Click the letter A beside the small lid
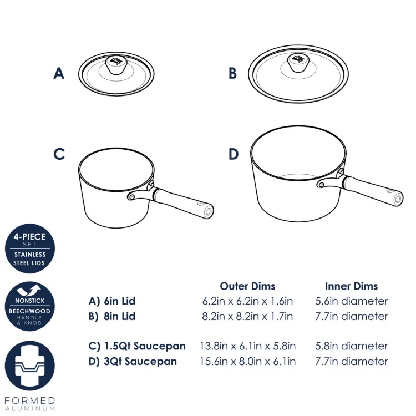pyautogui.click(x=59, y=73)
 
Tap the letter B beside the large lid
pyautogui.click(x=232, y=73)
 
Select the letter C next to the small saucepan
pyautogui.click(x=59, y=154)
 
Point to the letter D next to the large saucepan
pyautogui.click(x=234, y=154)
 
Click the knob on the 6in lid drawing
pyautogui.click(x=116, y=65)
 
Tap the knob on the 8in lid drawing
pyautogui.click(x=298, y=63)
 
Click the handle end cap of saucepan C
pyautogui.click(x=209, y=211)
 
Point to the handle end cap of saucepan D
pyautogui.click(x=398, y=199)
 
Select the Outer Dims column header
pyautogui.click(x=247, y=286)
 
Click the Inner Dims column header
pyautogui.click(x=351, y=286)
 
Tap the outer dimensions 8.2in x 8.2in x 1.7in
pyautogui.click(x=247, y=316)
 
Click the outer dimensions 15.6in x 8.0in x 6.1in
pyautogui.click(x=247, y=361)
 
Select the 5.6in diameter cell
pyautogui.click(x=352, y=301)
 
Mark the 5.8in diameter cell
pyautogui.click(x=352, y=346)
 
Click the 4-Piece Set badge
pyautogui.click(x=30, y=248)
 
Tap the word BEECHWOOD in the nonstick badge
pyautogui.click(x=29, y=311)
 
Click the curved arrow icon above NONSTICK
pyautogui.click(x=29, y=290)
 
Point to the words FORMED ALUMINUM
pyautogui.click(x=30, y=404)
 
